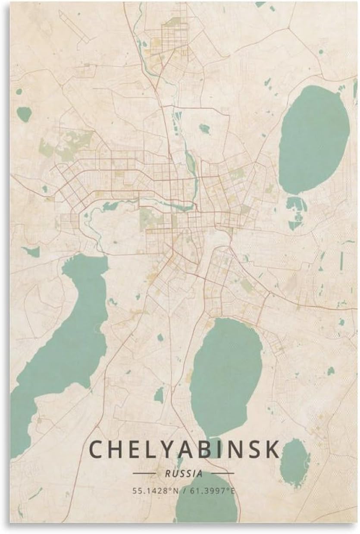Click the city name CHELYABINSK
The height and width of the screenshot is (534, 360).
click(184, 450)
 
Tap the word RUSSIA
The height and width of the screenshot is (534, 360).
click(184, 473)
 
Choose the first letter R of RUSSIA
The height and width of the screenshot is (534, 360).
click(167, 473)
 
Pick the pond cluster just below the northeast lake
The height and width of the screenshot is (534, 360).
click(297, 211)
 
